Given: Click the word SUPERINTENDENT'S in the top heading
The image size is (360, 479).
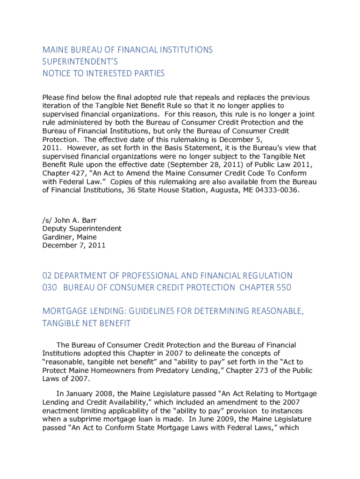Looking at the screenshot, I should click(x=80, y=61).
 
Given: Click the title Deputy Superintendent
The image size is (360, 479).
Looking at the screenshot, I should click(x=82, y=228).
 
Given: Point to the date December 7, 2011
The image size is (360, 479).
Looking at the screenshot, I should click(x=74, y=245).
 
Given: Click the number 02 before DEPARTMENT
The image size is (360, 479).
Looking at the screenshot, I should click(x=48, y=276).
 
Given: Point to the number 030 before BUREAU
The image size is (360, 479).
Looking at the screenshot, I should click(x=50, y=287).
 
